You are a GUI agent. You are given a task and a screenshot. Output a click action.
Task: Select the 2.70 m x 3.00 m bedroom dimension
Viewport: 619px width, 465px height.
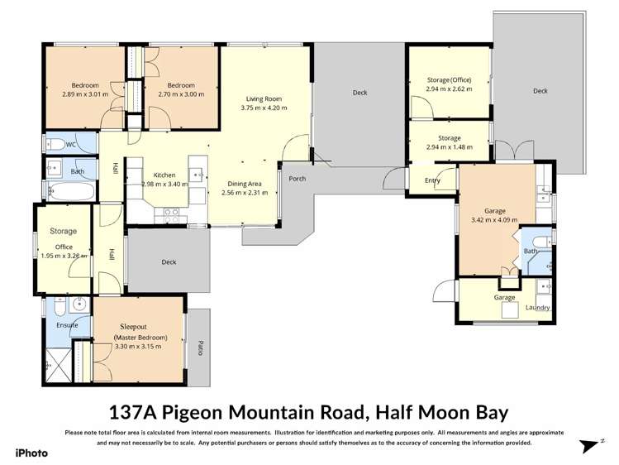pyautogui.click(x=180, y=94)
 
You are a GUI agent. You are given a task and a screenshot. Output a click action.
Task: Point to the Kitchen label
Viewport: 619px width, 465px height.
pyautogui.click(x=164, y=175)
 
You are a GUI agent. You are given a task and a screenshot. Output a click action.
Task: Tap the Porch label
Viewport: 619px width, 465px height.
pyautogui.click(x=298, y=178)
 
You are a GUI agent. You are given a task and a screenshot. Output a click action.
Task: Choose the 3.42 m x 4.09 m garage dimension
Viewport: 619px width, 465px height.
pyautogui.click(x=494, y=220)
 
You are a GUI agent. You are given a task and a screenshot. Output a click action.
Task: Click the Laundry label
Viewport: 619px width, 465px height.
pyautogui.click(x=538, y=308)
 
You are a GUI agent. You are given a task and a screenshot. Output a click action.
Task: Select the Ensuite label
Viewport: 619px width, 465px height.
pyautogui.click(x=67, y=325)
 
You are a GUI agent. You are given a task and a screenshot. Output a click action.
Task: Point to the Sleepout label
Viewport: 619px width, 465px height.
pyautogui.click(x=139, y=327)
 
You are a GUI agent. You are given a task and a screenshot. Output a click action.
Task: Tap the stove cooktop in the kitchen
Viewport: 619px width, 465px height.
pyautogui.click(x=172, y=213)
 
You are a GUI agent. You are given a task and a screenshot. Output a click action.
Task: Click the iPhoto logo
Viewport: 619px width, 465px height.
pyautogui.click(x=32, y=453)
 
